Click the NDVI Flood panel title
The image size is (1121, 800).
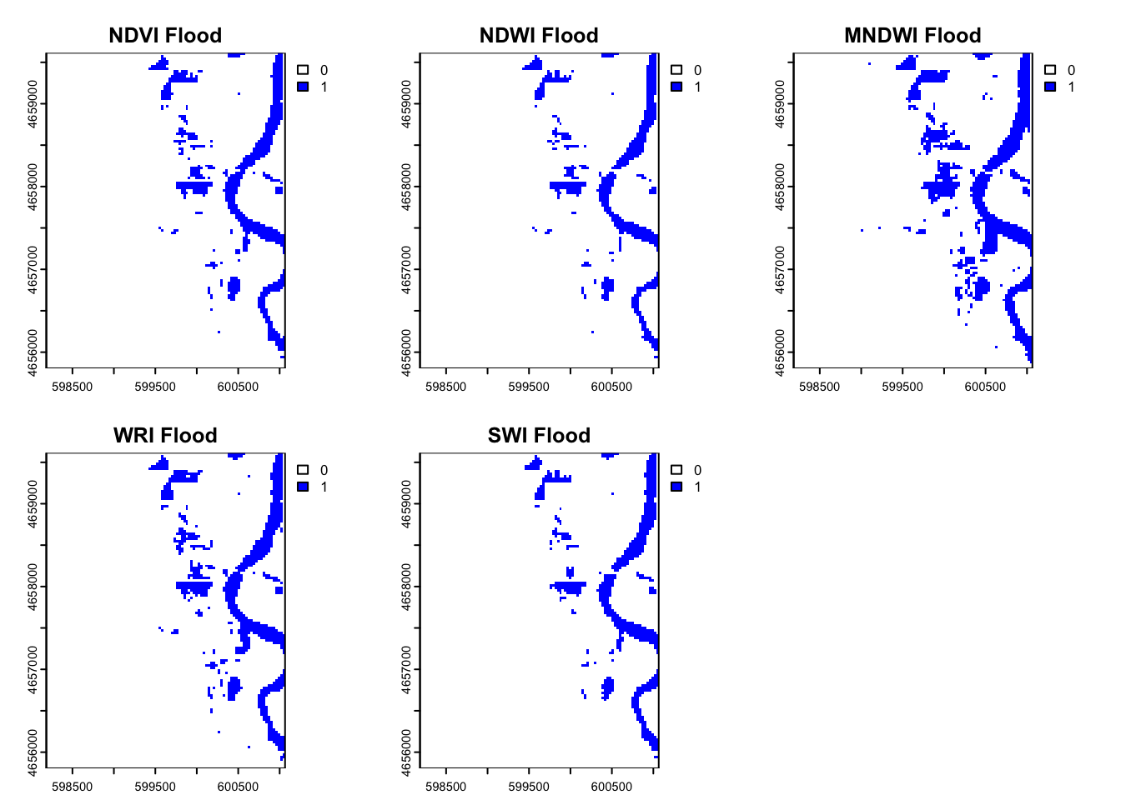tap(165, 36)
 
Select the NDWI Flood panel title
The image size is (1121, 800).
tap(539, 36)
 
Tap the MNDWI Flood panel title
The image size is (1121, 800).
tap(912, 36)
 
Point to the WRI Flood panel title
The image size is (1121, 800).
tap(165, 436)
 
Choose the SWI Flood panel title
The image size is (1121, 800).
tap(539, 436)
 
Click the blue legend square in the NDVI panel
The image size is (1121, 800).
tap(303, 87)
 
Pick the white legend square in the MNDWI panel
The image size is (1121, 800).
tap(1050, 70)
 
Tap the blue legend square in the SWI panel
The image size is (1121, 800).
tap(676, 487)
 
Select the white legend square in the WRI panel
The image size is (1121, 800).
tap(303, 470)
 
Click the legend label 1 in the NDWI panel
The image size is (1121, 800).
tap(697, 87)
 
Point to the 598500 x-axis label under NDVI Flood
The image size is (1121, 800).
tap(73, 387)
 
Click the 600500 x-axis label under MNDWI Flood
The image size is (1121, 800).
tap(985, 387)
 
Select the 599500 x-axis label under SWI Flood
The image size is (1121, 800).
tap(529, 787)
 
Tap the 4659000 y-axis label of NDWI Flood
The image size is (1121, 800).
tap(406, 103)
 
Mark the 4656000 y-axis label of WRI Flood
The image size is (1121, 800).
tap(33, 752)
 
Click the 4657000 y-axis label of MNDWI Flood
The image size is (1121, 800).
tap(780, 269)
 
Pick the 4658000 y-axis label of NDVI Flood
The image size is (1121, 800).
tap(33, 186)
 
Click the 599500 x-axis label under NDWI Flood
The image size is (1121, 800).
tap(529, 387)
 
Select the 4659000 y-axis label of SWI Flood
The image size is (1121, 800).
tap(406, 503)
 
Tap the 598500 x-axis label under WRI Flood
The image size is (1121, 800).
tap(73, 787)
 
